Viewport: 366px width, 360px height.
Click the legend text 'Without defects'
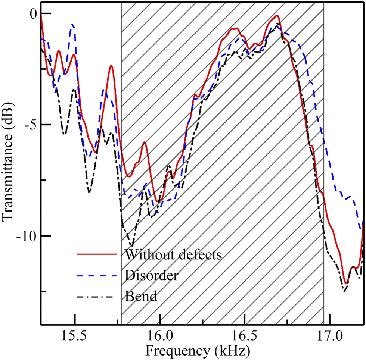[174, 255]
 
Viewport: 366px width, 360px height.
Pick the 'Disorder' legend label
[151, 276]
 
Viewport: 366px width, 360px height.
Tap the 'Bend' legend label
[141, 297]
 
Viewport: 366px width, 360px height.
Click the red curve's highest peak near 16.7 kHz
[277, 16]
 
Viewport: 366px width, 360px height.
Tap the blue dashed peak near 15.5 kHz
[73, 24]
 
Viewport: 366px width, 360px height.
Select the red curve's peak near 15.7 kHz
[111, 66]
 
